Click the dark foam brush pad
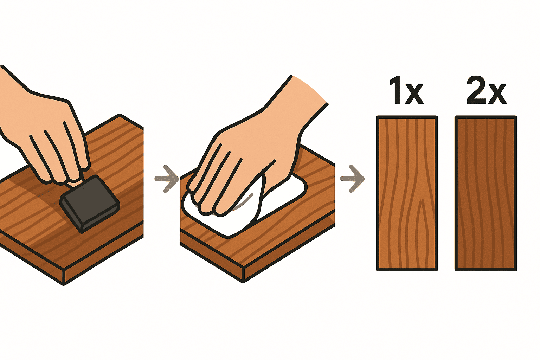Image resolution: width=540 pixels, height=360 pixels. click(90, 204)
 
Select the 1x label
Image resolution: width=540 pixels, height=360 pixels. click(406, 90)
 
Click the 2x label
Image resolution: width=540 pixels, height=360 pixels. click(486, 90)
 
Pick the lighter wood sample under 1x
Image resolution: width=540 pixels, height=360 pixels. click(407, 194)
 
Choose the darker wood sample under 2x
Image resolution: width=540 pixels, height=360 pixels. click(486, 194)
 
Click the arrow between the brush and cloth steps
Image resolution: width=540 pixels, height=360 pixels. click(166, 179)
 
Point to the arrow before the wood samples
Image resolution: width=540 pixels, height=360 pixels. click(352, 179)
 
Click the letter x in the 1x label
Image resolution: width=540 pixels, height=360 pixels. click(415, 94)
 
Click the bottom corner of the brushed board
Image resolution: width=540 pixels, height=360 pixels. click(64, 285)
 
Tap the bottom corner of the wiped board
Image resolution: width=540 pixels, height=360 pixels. click(243, 282)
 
